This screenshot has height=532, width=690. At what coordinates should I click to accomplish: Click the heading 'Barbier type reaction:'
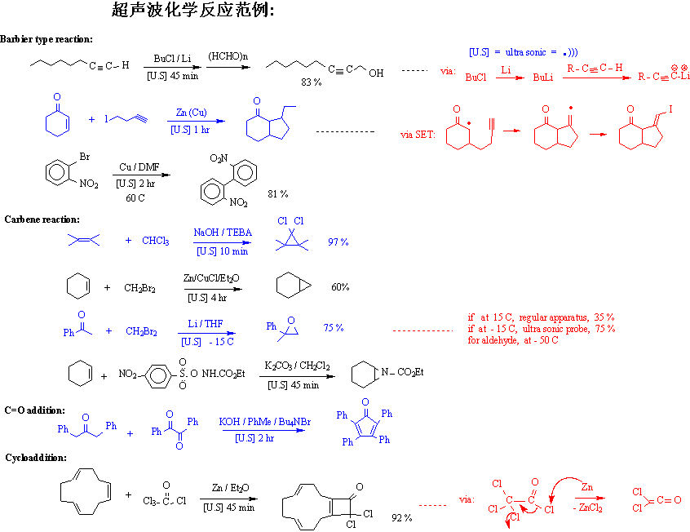tap(46, 39)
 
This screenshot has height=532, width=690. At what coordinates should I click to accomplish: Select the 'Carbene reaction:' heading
tap(42, 219)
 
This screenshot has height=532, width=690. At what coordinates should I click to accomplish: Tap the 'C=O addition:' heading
tap(35, 410)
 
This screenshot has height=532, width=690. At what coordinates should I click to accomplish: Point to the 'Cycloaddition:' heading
tap(36, 458)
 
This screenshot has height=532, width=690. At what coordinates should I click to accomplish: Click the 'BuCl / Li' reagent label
tap(172, 60)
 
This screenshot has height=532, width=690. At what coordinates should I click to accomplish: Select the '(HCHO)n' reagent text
tap(228, 56)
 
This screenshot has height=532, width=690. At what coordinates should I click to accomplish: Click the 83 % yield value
tap(312, 82)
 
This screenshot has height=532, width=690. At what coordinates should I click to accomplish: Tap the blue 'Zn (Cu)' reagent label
tap(191, 113)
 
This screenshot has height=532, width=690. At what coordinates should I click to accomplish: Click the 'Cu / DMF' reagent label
tap(137, 167)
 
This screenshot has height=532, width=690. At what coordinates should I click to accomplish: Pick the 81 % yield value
tap(278, 193)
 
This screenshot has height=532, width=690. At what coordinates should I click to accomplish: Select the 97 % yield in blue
tap(338, 242)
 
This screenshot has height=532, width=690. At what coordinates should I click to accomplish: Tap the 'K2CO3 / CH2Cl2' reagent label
tap(297, 367)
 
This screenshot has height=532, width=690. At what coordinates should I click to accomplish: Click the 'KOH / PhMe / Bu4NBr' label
tap(265, 422)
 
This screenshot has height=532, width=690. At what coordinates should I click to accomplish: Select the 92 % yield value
tap(401, 517)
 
